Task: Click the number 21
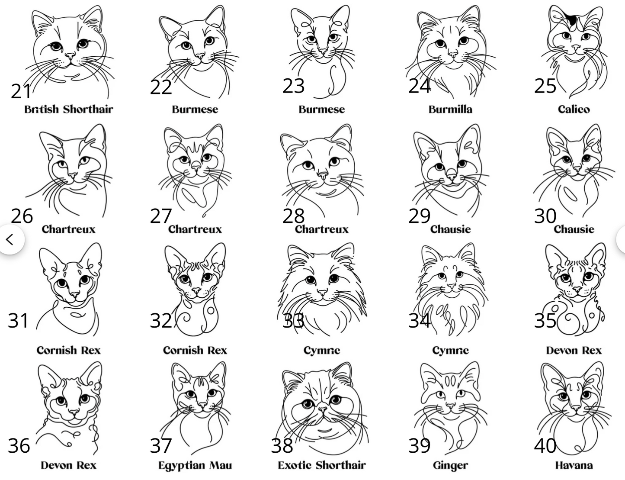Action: coord(21,91)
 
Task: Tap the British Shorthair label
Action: coord(68,110)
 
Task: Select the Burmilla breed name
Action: coord(450,110)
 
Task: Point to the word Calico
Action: coord(574,110)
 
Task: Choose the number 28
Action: coord(293,216)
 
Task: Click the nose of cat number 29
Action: coord(451,174)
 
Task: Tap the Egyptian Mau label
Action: coord(195,466)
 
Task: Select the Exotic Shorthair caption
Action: coord(322,465)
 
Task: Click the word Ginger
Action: coord(450,466)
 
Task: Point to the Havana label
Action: coord(574,465)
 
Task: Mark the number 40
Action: coord(545,446)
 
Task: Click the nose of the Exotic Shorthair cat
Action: coord(322,409)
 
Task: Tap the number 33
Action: coord(293,321)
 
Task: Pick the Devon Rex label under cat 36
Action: coord(68,465)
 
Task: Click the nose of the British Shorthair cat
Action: coord(70,55)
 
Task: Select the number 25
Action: coord(545,86)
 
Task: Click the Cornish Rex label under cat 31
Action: coord(68,351)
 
